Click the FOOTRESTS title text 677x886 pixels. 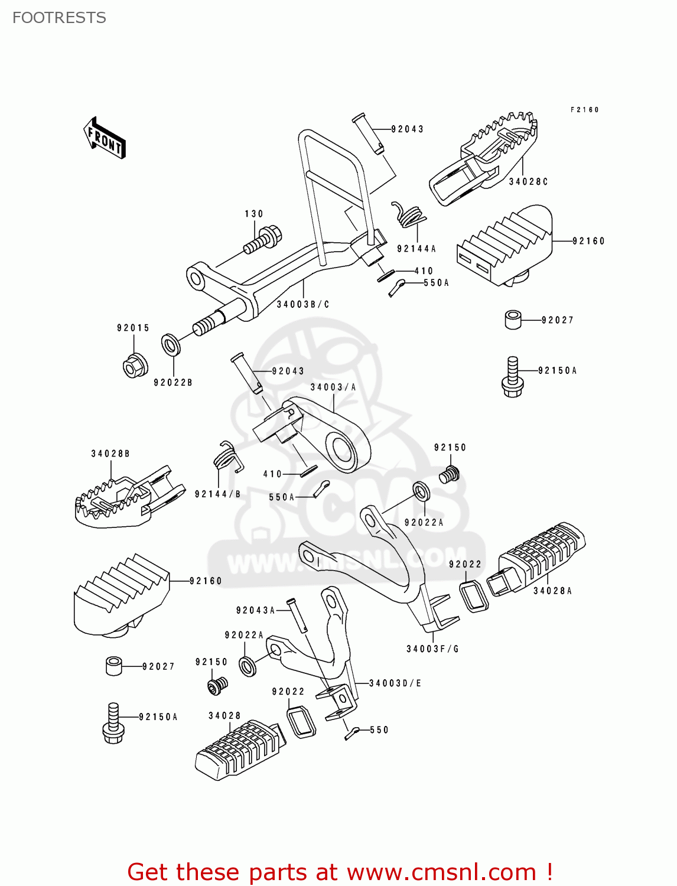click(59, 18)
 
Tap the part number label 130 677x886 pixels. click(254, 214)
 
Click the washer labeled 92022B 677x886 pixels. click(171, 344)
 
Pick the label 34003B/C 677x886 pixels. click(302, 304)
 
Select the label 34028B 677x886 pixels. click(110, 454)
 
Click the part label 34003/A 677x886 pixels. click(333, 387)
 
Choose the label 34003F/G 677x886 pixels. click(432, 649)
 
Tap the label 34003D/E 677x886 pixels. click(395, 683)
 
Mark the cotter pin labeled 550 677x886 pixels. click(353, 733)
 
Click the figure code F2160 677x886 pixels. click(584, 110)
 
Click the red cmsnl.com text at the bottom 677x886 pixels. click(340, 872)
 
